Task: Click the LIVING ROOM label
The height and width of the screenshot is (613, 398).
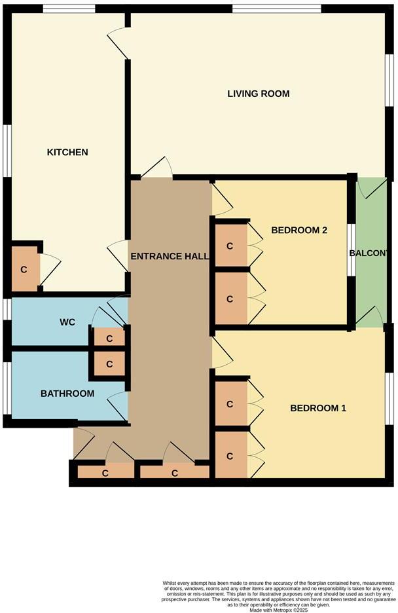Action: coord(258,94)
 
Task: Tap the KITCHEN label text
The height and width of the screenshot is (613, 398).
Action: coord(67,153)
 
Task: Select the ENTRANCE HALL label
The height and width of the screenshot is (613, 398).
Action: coord(169,256)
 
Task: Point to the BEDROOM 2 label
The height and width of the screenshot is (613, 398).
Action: coord(299,231)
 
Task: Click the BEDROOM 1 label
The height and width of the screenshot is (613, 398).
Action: coord(318,409)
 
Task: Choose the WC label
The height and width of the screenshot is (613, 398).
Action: coord(68,322)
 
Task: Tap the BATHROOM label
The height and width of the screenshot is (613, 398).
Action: coord(67,394)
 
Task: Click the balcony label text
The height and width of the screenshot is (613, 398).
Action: coord(372,254)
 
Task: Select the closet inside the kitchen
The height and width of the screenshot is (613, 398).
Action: coord(24,269)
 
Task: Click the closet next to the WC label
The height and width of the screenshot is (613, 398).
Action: coord(109,338)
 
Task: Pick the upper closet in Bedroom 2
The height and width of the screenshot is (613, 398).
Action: coord(230,246)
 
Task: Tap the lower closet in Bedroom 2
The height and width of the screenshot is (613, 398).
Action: coord(230,299)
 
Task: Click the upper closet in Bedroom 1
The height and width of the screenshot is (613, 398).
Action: coord(230,404)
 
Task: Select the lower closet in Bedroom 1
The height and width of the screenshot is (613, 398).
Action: coord(230,455)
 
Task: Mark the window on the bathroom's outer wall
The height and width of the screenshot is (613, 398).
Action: coord(6,388)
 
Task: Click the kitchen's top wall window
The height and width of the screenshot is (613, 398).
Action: coord(69,9)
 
